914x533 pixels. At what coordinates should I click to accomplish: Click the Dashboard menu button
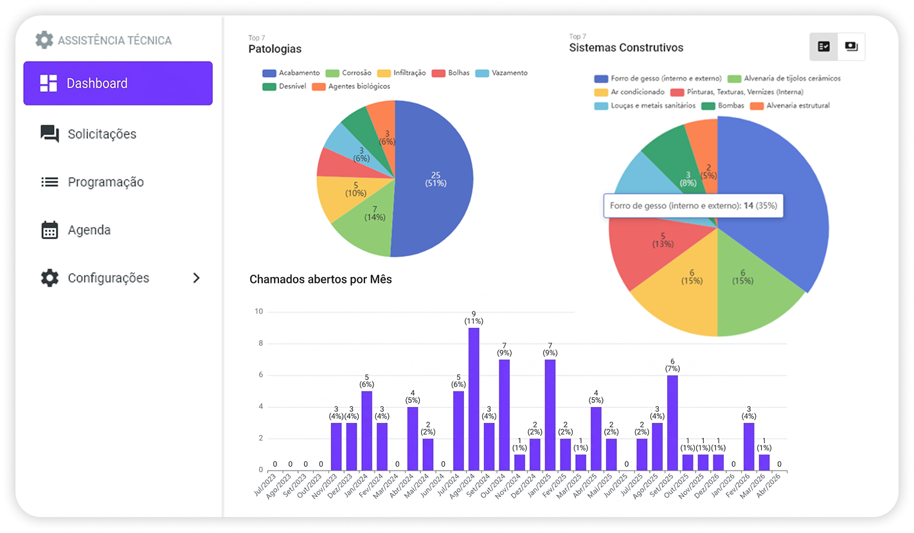click(x=118, y=83)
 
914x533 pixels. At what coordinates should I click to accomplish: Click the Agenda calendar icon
click(x=49, y=230)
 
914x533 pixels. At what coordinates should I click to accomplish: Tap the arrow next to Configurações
click(x=197, y=278)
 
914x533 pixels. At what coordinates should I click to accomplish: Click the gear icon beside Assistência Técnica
click(x=44, y=40)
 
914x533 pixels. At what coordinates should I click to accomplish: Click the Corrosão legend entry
click(x=348, y=73)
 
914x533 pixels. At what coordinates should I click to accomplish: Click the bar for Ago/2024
click(x=474, y=399)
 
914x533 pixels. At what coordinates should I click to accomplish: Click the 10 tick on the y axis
click(x=259, y=312)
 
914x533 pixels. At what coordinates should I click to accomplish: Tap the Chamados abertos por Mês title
click(x=320, y=279)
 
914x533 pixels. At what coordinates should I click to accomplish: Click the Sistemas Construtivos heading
click(x=626, y=48)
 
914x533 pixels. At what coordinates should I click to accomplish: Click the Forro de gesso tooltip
click(x=693, y=206)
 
